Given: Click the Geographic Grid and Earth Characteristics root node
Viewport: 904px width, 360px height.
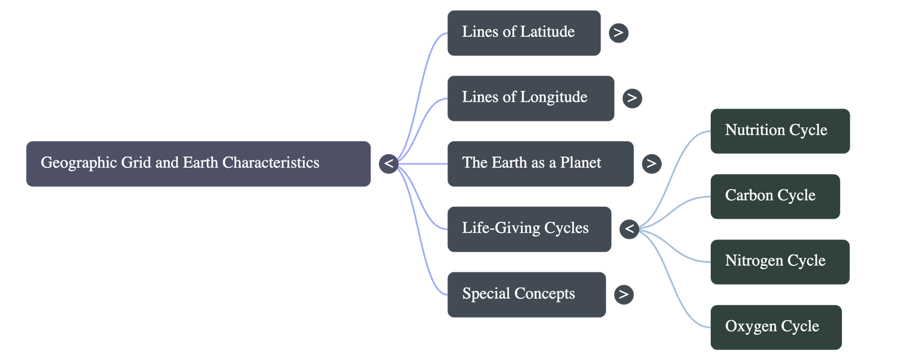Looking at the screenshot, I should click(x=198, y=164).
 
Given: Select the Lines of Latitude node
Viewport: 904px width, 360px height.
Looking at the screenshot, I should click(x=524, y=33).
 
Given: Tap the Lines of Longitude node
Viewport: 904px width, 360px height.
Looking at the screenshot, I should click(x=531, y=98).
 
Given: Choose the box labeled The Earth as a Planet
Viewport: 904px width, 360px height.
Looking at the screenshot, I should click(x=540, y=164).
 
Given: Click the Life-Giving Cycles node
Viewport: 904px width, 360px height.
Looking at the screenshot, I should click(x=529, y=229).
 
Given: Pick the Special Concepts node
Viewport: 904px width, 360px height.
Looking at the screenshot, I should click(x=527, y=294).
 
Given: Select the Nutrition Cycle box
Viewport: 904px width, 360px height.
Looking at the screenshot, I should click(x=780, y=131).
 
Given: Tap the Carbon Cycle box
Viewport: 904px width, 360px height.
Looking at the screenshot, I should click(x=775, y=196).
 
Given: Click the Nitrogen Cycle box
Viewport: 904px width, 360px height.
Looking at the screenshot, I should click(x=780, y=262).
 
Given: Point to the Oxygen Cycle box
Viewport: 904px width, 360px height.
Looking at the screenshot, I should click(x=775, y=327).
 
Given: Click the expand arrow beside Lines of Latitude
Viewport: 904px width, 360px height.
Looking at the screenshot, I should click(x=619, y=33).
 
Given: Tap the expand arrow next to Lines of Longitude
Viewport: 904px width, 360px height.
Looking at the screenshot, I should click(x=632, y=98).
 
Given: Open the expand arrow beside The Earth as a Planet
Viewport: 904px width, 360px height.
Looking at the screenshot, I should click(x=651, y=164).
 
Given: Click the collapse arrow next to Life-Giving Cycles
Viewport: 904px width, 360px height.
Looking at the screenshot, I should click(x=629, y=229).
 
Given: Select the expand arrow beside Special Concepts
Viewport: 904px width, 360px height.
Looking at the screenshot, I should click(x=624, y=294).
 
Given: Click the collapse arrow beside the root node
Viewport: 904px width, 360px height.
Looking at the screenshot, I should click(x=389, y=164).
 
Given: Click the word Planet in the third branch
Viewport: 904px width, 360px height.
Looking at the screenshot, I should click(x=580, y=163).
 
